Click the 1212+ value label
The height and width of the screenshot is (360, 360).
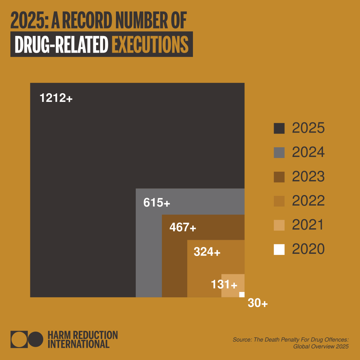(x=56, y=98)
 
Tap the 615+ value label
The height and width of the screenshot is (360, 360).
(x=156, y=203)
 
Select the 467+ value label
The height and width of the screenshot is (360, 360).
(x=183, y=228)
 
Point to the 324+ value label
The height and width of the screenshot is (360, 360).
(x=207, y=252)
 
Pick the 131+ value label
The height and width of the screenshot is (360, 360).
(x=224, y=285)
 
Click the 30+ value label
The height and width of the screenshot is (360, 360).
(x=257, y=303)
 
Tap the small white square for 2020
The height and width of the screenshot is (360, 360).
(x=242, y=294)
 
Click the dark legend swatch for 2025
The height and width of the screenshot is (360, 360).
(x=279, y=129)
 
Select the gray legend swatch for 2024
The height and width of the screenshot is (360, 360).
(x=279, y=153)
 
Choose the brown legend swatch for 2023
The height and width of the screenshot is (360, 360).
(x=279, y=177)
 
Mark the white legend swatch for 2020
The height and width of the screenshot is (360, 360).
(x=279, y=249)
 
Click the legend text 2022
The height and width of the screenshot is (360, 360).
(x=308, y=201)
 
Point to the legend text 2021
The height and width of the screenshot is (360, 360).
(x=307, y=225)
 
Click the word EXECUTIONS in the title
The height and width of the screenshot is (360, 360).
(x=150, y=45)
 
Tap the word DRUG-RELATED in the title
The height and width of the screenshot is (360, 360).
(x=62, y=45)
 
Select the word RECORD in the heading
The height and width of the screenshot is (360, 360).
(x=90, y=21)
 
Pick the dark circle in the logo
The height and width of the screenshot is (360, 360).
(x=35, y=339)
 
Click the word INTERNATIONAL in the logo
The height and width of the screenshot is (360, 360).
(x=78, y=344)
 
